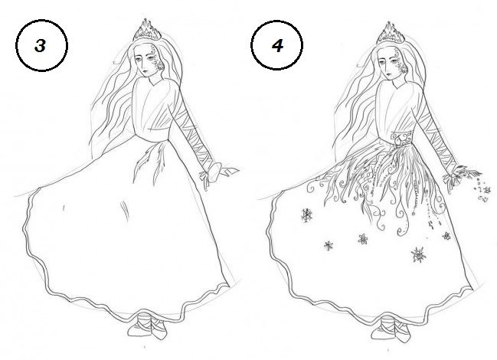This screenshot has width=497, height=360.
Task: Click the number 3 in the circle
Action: click(41, 46)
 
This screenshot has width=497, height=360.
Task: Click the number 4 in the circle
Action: click(277, 46)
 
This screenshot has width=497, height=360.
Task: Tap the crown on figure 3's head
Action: click(147, 31)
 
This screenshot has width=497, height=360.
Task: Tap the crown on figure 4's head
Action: click(391, 33)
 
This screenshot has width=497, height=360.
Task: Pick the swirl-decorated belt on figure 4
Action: click(401, 139)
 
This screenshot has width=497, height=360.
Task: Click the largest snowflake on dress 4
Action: click(418, 255)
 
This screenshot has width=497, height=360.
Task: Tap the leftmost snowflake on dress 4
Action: click(306, 215)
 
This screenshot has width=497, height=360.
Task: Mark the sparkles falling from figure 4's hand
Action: click(482, 191)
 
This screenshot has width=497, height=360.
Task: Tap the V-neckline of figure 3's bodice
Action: click(155, 83)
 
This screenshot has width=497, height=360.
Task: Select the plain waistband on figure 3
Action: click(152, 135)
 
